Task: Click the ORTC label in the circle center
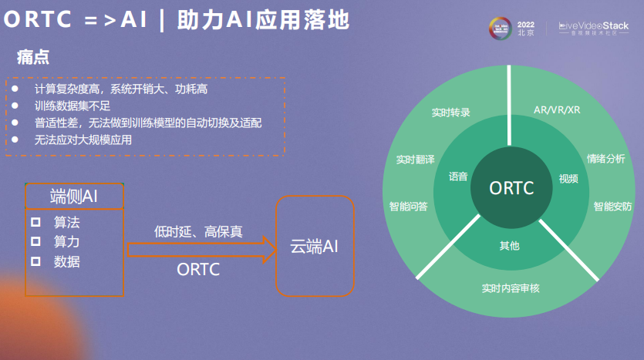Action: tap(511, 187)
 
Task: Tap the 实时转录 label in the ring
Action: tap(451, 112)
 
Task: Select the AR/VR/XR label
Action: tap(557, 109)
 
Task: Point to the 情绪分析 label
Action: tap(605, 159)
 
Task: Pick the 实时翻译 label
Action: tap(416, 160)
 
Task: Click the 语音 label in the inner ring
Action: tap(458, 177)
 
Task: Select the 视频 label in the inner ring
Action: tap(568, 179)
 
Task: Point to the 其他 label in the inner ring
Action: tap(510, 246)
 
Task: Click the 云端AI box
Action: tap(315, 246)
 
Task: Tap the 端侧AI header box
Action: tap(74, 196)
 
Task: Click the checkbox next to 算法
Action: tap(35, 222)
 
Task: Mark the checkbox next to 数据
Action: tap(35, 261)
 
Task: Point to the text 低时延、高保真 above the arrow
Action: tap(198, 230)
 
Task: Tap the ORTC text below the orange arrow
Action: tap(198, 270)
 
